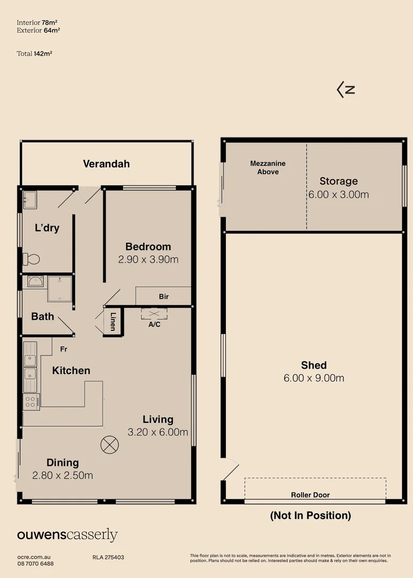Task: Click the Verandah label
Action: coord(106,164)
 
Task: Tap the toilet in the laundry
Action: coord(32,259)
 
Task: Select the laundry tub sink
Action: coord(30,200)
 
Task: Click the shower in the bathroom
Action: coord(59,288)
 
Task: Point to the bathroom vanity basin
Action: coord(35,282)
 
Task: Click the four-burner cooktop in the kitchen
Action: coord(31,402)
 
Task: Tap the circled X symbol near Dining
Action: coord(110,445)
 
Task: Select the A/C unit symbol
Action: coord(154,314)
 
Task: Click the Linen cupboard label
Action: coord(113,322)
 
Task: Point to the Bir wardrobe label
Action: coord(164,296)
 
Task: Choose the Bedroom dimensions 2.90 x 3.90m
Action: coord(148,260)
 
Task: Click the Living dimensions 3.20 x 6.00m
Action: coord(158,432)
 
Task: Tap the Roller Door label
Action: coord(310,495)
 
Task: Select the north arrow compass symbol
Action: coord(346,89)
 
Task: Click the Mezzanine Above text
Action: coord(268,168)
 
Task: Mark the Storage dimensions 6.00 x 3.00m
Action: coord(339,195)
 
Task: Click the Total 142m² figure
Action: coord(34,54)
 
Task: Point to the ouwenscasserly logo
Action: coord(67,535)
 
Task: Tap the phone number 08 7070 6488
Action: coord(35,564)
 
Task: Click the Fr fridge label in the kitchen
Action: coord(63,349)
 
